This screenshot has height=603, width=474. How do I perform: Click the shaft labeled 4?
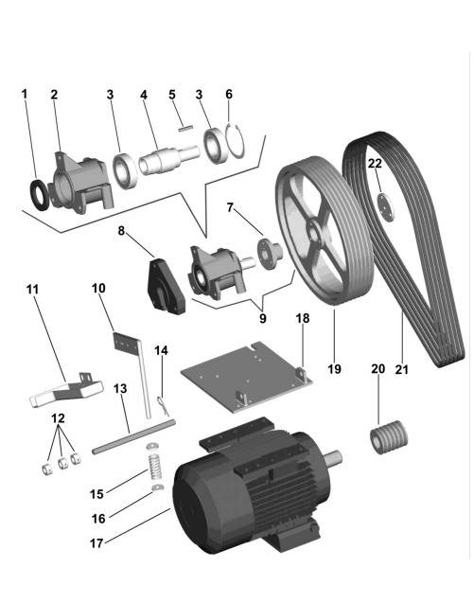tap(169, 160)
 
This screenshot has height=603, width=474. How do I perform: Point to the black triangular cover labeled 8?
tap(166, 286)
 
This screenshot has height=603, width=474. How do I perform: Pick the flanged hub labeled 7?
tap(270, 254)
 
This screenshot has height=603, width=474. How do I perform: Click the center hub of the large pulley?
tap(315, 236)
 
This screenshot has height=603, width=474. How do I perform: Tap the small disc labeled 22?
tap(386, 207)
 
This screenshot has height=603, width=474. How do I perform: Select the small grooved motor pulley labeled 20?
tap(389, 437)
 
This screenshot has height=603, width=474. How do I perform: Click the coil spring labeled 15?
tap(155, 466)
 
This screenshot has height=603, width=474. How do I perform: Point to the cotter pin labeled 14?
tap(164, 405)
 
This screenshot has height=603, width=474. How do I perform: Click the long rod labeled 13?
tap(133, 437)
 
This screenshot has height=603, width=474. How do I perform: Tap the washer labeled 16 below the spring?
tap(158, 488)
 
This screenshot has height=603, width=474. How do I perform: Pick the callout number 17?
tap(97, 543)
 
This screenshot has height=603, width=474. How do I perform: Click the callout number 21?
tap(401, 369)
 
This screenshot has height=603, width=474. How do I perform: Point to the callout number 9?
tap(263, 318)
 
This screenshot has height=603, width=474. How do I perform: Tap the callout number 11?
tap(33, 289)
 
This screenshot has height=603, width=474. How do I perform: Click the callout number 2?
tap(54, 95)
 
